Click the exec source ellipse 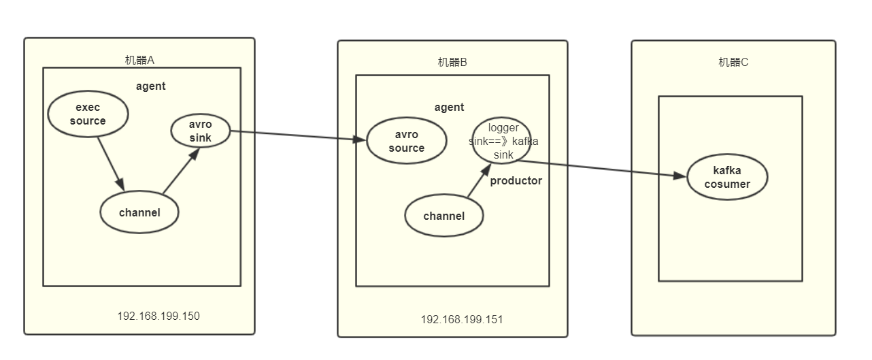(88, 114)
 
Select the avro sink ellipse (200, 131)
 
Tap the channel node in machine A (139, 212)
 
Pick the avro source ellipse (407, 141)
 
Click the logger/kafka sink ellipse (503, 141)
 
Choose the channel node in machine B (444, 216)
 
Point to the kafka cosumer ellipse (727, 177)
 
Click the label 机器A (139, 60)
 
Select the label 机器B (452, 62)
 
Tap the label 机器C (733, 62)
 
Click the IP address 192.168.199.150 (158, 316)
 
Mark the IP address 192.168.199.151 (462, 319)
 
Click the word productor (516, 180)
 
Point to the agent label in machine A (150, 86)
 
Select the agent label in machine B (449, 107)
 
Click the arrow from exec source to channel (110, 163)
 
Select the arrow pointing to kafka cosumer (599, 169)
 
